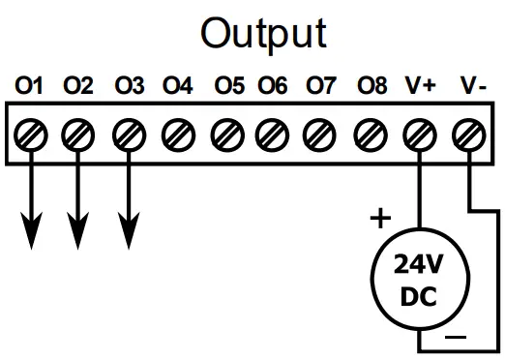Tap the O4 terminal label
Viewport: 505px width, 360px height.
(x=178, y=86)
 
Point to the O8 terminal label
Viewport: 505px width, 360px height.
(x=371, y=86)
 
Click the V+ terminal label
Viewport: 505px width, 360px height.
(x=420, y=86)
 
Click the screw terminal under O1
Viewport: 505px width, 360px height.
(x=32, y=132)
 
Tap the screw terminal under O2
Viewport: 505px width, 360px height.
(x=78, y=132)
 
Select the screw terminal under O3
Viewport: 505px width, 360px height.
(x=128, y=132)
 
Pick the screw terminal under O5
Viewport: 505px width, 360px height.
(x=226, y=132)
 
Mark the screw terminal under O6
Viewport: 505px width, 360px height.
(x=273, y=132)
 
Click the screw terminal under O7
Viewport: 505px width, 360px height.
(x=320, y=132)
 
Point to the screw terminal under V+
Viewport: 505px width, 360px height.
(x=420, y=132)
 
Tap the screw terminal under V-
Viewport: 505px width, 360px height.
(x=468, y=132)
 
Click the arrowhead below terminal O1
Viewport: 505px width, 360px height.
(x=32, y=230)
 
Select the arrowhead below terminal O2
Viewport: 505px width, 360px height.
(x=78, y=230)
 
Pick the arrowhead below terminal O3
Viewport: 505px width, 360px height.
(x=128, y=230)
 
